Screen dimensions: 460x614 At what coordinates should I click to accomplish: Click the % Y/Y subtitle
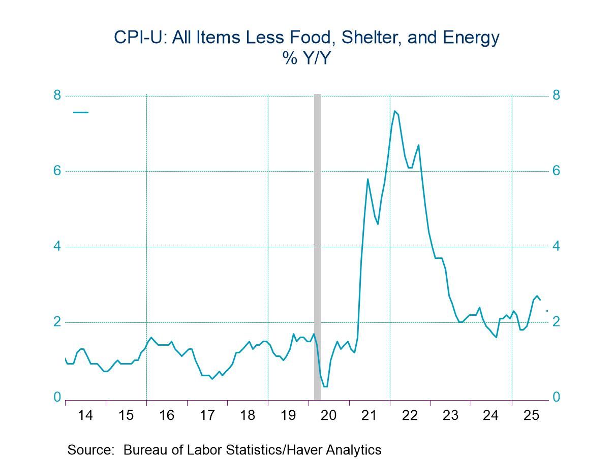[x=307, y=58]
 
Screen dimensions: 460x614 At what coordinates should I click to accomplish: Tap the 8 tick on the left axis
[x=57, y=95]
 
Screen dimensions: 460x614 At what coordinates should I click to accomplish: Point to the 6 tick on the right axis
[x=557, y=171]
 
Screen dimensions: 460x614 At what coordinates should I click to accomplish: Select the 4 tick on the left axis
[x=57, y=246]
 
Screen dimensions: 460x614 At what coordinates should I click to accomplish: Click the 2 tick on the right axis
[x=557, y=322]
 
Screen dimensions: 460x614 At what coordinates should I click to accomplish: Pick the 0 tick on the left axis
[x=57, y=397]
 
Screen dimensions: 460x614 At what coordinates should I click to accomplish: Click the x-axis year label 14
[x=85, y=415]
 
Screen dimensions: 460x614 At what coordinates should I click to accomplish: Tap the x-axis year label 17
[x=207, y=415]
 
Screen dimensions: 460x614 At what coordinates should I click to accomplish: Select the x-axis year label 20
[x=329, y=415]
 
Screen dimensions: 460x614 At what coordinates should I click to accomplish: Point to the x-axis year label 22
[x=410, y=415]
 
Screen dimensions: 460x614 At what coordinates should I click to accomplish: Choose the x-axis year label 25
[x=531, y=415]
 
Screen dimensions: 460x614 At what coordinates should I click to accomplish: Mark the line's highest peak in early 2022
[x=394, y=111]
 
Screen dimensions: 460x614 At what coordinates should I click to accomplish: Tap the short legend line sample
[x=81, y=112]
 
